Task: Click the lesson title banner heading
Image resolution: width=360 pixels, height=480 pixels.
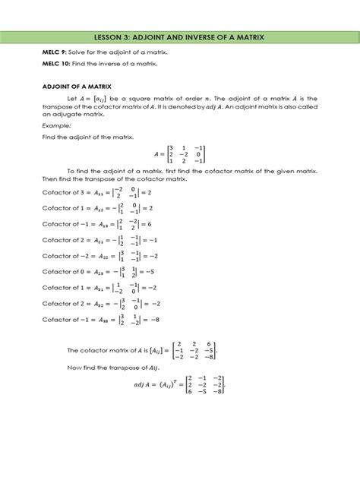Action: click(180, 36)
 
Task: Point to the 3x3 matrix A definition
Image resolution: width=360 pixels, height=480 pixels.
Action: click(179, 154)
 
